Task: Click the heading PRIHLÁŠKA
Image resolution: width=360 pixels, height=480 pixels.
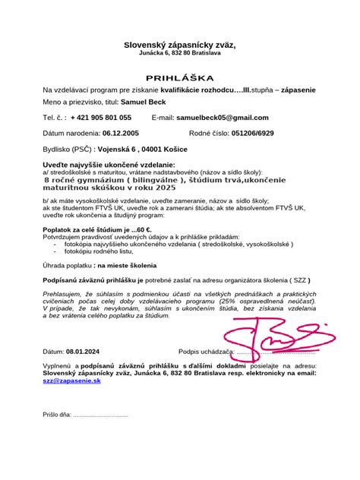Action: coord(180,78)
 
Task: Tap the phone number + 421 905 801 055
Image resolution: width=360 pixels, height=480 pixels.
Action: coord(100,118)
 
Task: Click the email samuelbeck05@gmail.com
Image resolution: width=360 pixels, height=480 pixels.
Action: coord(222,118)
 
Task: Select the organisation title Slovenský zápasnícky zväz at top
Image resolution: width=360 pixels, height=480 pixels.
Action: coord(180,46)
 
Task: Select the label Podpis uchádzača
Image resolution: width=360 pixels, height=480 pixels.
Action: coord(205,352)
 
